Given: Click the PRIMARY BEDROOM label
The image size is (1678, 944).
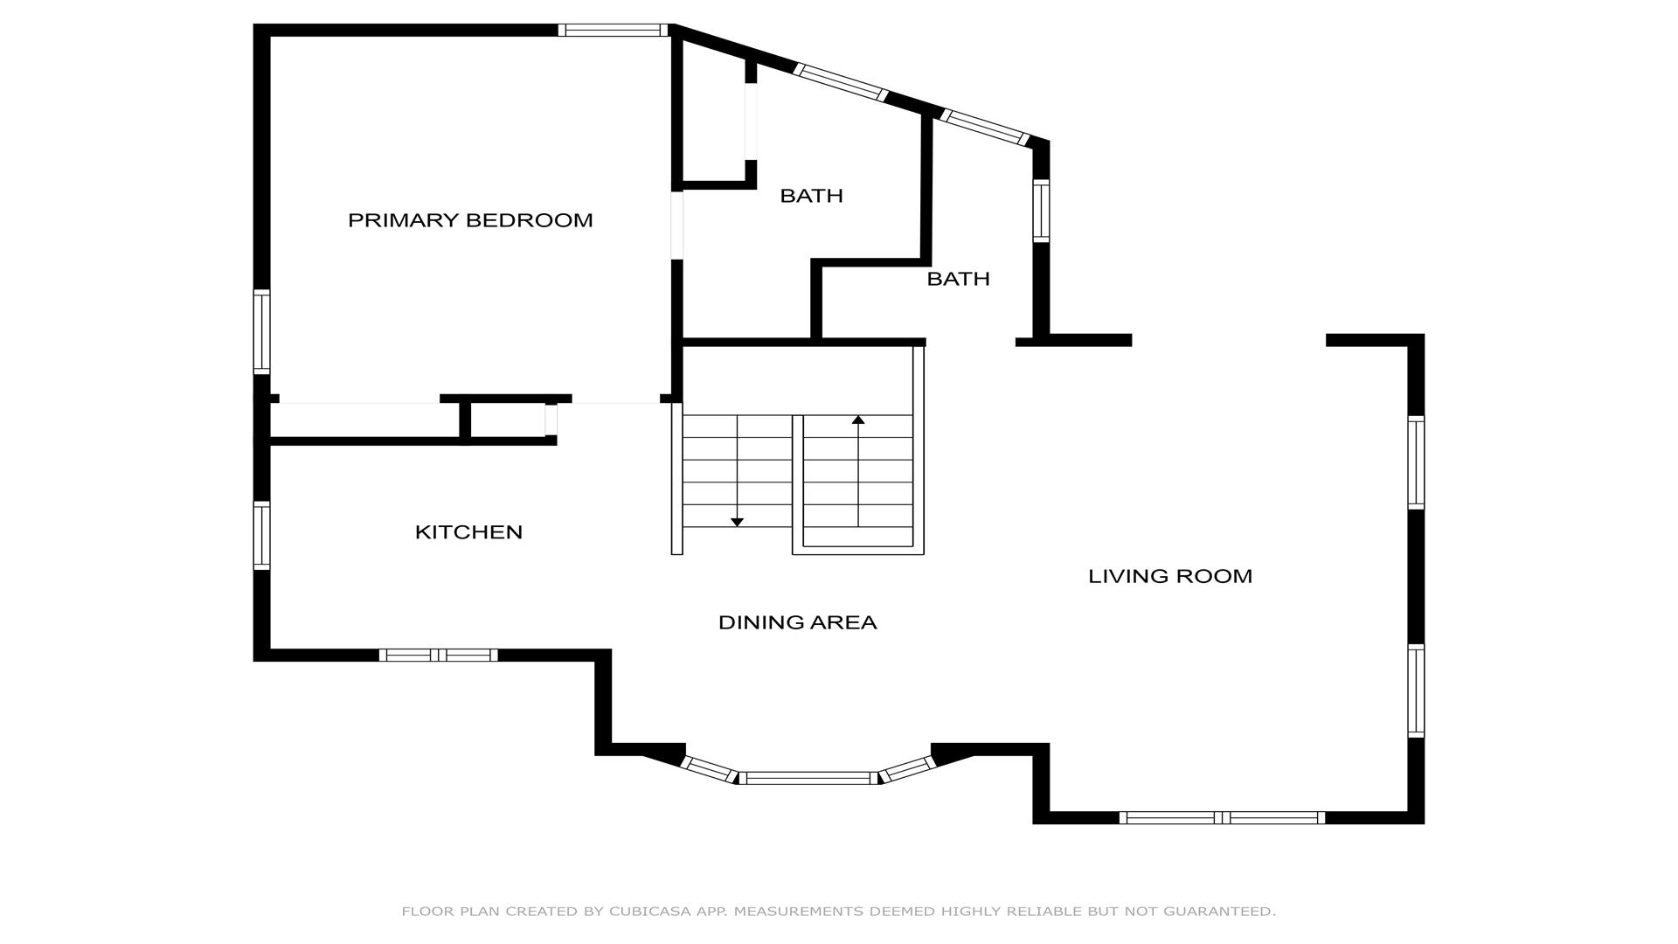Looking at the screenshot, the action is click(470, 220).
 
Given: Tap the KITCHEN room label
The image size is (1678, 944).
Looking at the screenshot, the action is click(468, 532).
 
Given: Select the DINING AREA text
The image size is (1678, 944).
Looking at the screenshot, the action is click(797, 622).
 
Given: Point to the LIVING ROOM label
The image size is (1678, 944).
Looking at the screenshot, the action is click(1170, 576).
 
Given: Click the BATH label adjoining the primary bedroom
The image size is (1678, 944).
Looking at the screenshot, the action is click(811, 196).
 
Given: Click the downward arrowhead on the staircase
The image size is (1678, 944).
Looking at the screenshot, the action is click(737, 522).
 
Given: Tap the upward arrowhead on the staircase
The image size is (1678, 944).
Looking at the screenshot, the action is click(858, 420).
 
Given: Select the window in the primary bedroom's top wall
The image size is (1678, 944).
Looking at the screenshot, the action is click(613, 31).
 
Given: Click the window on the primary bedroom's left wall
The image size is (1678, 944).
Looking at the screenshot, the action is click(261, 332).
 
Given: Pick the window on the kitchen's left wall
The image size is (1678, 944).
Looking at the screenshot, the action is click(261, 536).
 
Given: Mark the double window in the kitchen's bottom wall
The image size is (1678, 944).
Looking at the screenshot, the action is click(438, 655).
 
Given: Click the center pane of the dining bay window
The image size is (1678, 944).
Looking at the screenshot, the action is click(808, 778).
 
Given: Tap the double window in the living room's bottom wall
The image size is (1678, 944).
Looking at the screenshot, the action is click(1222, 818).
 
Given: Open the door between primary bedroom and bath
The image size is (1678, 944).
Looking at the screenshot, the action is click(676, 226).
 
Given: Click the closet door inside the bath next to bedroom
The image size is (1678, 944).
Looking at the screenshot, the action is click(751, 121).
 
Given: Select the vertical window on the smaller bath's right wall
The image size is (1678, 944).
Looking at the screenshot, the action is click(1041, 211).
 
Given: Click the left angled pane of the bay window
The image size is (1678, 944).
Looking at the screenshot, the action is click(709, 769).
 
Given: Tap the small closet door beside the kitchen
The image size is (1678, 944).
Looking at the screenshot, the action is click(551, 419).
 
